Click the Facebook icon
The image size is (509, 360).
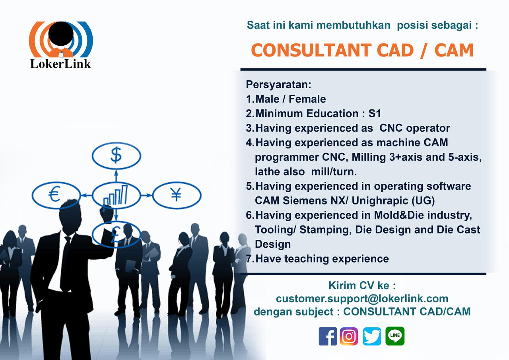click(x=328, y=337)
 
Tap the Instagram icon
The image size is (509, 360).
click(x=349, y=337)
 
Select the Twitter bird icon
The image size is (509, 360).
click(x=372, y=337)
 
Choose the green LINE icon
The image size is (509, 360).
click(x=395, y=336)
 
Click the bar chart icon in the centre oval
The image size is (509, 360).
click(x=116, y=195)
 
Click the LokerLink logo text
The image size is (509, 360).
click(x=60, y=64)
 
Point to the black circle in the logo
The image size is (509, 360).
click(x=61, y=34)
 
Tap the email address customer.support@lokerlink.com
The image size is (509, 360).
click(x=362, y=299)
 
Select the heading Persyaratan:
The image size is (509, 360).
click(x=279, y=85)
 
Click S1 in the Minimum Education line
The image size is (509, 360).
click(x=375, y=114)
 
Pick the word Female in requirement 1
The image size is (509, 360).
click(x=307, y=99)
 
